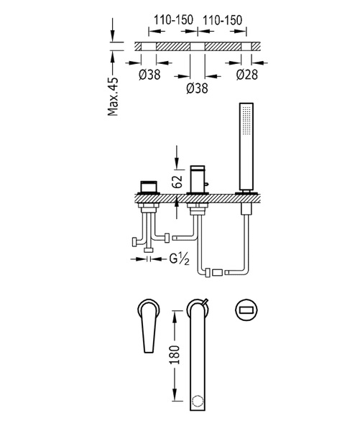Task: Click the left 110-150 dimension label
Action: point(173,19)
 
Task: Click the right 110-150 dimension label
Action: point(222,20)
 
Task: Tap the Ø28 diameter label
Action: point(247,75)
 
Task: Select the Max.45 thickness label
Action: point(113,96)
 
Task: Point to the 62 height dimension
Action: point(177,181)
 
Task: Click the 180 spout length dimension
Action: point(175,355)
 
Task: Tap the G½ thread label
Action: point(179,259)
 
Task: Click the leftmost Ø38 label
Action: point(149,75)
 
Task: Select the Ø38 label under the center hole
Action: point(198,88)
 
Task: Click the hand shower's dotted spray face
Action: point(246,121)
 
